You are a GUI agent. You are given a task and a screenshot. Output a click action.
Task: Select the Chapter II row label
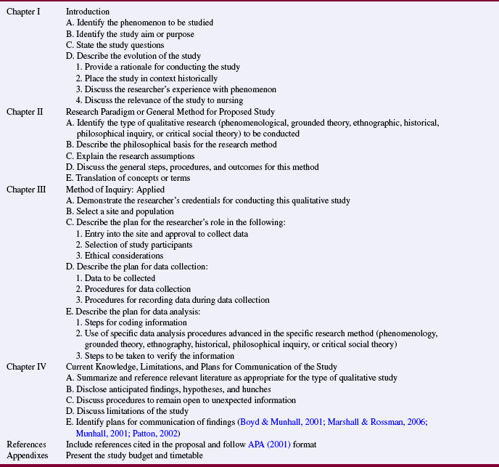coord(25,112)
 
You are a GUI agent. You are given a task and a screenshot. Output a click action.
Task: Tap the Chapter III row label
coord(26,189)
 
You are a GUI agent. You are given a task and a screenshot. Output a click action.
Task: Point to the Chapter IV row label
coord(26,366)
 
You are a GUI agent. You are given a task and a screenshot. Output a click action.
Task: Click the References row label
coord(26,444)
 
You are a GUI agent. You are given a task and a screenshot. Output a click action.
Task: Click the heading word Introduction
coord(88,12)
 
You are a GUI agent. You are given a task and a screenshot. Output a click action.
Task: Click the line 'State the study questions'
coord(120,45)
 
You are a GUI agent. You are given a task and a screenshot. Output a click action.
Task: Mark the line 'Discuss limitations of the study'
coord(131,411)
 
